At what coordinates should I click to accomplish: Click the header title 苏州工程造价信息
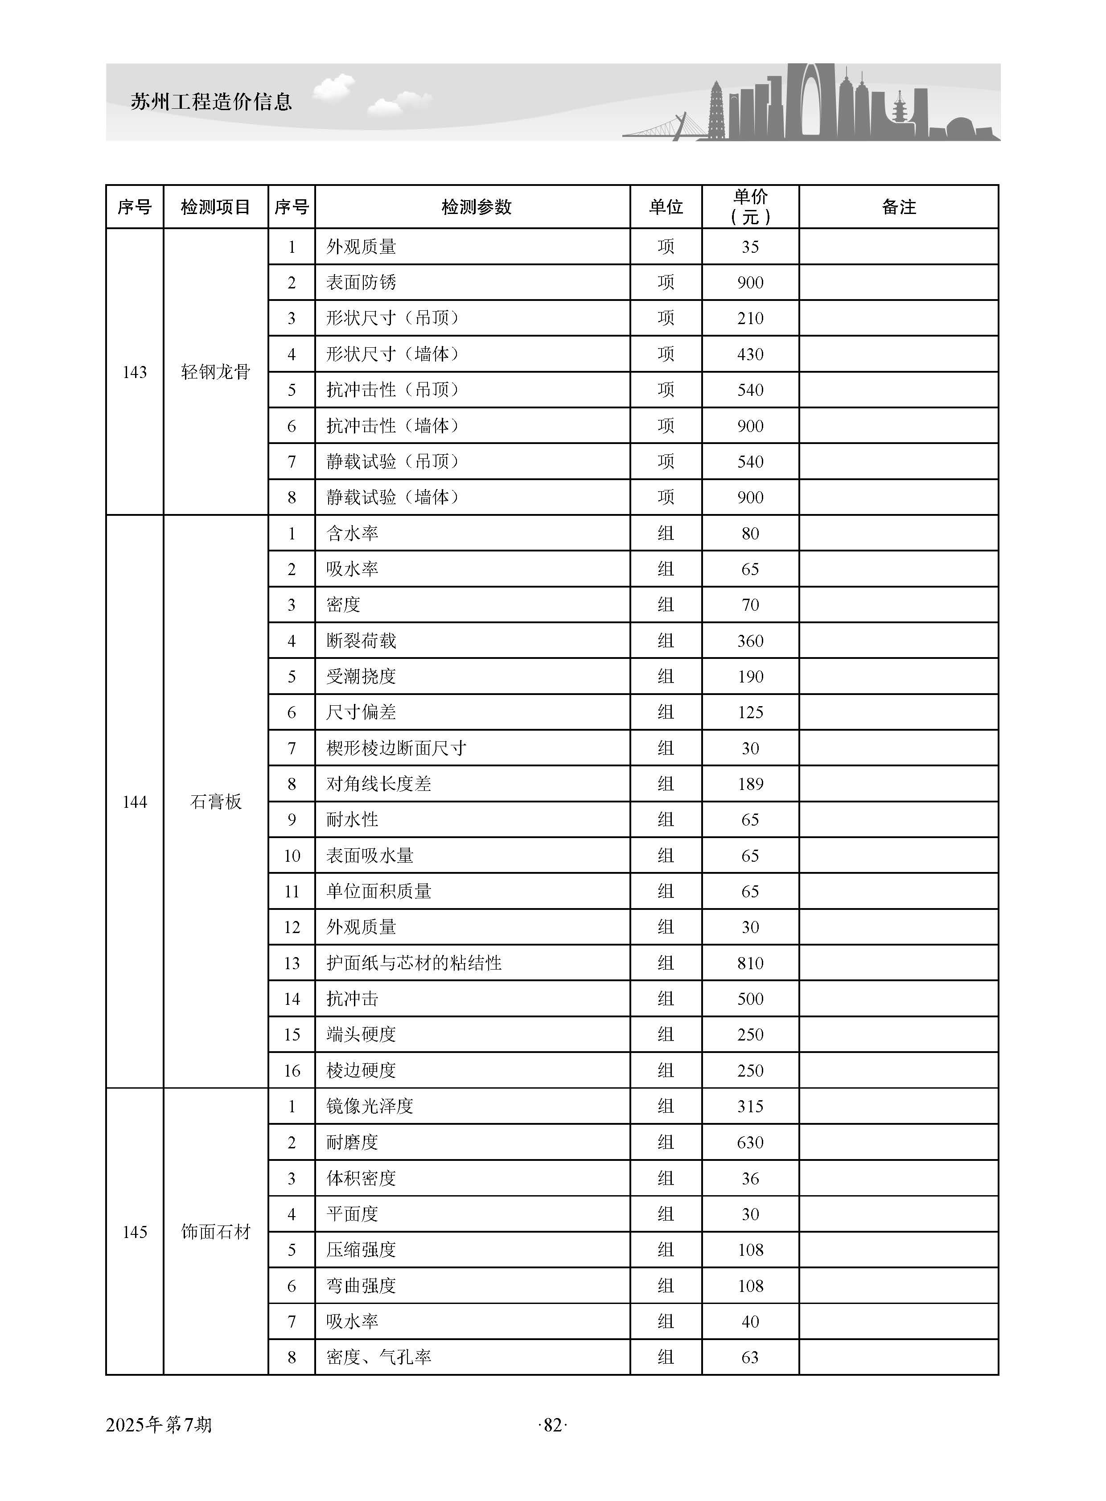tap(212, 102)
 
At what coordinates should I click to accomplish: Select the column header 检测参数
tap(476, 207)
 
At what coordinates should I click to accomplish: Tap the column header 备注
tap(898, 207)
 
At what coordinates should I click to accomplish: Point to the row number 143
tap(135, 372)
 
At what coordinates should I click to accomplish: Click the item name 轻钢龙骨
tap(216, 372)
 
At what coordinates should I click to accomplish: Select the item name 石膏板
tap(216, 802)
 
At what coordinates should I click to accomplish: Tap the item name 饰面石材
tap(216, 1231)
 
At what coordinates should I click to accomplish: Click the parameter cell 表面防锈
tap(362, 283)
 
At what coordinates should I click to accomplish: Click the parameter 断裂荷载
tap(362, 641)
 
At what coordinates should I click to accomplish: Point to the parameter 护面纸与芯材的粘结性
tap(414, 963)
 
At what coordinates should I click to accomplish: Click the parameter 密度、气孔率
tap(378, 1357)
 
